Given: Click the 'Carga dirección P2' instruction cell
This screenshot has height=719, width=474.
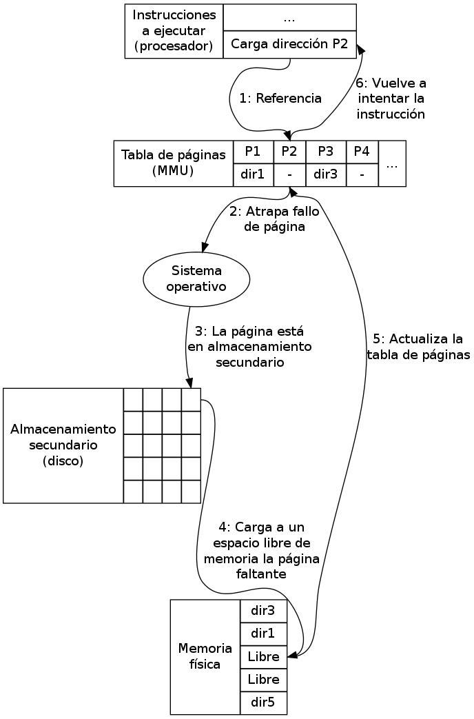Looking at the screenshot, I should point(289,45).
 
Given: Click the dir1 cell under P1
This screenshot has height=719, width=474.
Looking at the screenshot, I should point(253,174).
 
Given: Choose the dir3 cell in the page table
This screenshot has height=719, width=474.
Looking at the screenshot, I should point(325,174).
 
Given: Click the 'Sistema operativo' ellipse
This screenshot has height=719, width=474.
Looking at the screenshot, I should point(196,279).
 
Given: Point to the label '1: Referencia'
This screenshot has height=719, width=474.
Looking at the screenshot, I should point(280,99).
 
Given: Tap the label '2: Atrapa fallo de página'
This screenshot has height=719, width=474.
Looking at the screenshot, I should point(274,219).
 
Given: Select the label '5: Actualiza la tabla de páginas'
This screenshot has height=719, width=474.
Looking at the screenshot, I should point(418,347).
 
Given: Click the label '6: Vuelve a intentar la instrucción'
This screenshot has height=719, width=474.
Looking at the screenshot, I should point(391,99).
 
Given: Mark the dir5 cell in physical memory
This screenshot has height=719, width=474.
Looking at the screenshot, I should point(263,703).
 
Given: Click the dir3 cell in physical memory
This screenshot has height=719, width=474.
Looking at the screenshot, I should point(263,610).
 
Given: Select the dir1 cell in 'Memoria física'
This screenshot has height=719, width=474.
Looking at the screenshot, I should point(263,634).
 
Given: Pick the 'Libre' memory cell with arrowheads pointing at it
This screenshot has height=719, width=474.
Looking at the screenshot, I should point(263,657).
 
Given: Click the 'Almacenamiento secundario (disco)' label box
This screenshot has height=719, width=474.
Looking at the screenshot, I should point(63,445).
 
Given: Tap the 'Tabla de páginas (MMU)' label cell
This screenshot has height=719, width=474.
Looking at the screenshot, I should point(174,163).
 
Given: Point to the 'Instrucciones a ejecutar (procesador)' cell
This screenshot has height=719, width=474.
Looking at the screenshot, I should point(174,32).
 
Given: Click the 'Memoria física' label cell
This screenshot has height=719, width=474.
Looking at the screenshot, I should point(205,656).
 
